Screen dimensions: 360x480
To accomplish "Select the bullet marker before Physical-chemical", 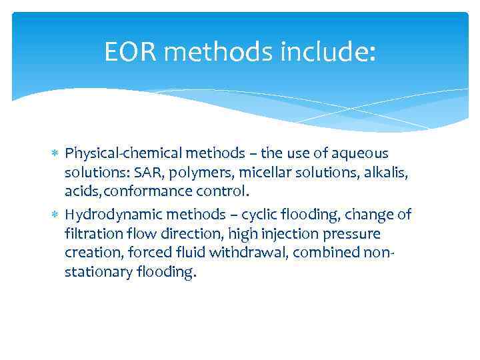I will click(x=55, y=155).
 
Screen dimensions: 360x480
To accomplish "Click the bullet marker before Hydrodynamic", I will click(x=55, y=215).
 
